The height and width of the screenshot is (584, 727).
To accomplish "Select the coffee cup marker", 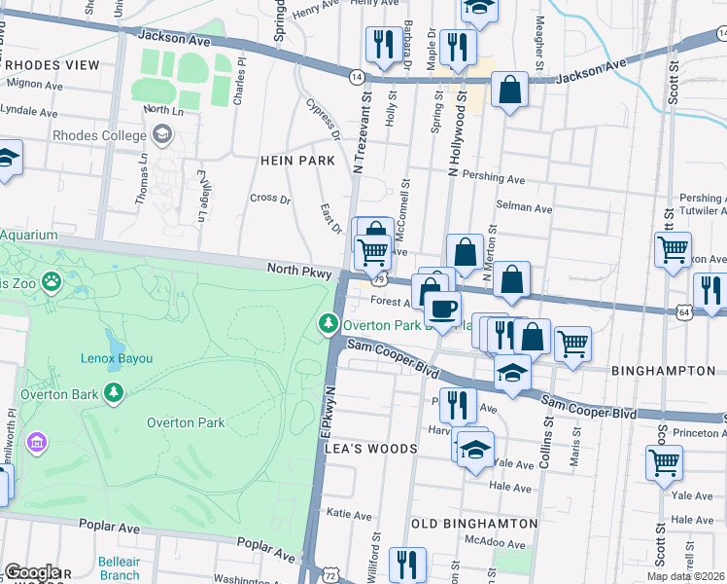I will (x=442, y=310).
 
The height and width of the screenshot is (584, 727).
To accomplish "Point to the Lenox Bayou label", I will (x=116, y=358).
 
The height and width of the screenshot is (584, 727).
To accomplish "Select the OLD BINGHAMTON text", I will (x=474, y=524).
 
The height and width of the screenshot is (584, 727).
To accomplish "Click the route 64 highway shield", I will (x=684, y=310).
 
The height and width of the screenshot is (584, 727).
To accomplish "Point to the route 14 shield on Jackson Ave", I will (x=357, y=76).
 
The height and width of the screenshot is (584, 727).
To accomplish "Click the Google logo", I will (x=32, y=572).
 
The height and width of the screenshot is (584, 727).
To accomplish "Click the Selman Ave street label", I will (x=524, y=208).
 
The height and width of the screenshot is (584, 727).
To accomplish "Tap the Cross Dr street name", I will (x=270, y=198).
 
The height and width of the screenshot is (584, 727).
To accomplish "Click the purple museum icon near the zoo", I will (x=38, y=444).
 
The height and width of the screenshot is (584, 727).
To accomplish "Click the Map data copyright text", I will (x=685, y=576).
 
